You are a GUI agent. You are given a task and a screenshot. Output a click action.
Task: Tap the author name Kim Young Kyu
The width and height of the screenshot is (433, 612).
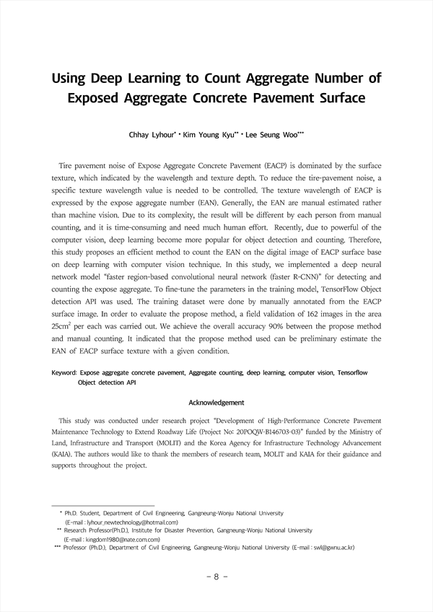216,135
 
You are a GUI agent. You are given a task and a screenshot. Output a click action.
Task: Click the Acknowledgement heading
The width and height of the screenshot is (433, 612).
216,402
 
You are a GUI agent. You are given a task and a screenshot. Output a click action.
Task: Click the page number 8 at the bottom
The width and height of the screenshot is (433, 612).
216,577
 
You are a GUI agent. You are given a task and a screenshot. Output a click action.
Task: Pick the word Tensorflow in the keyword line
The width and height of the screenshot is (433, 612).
352,373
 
